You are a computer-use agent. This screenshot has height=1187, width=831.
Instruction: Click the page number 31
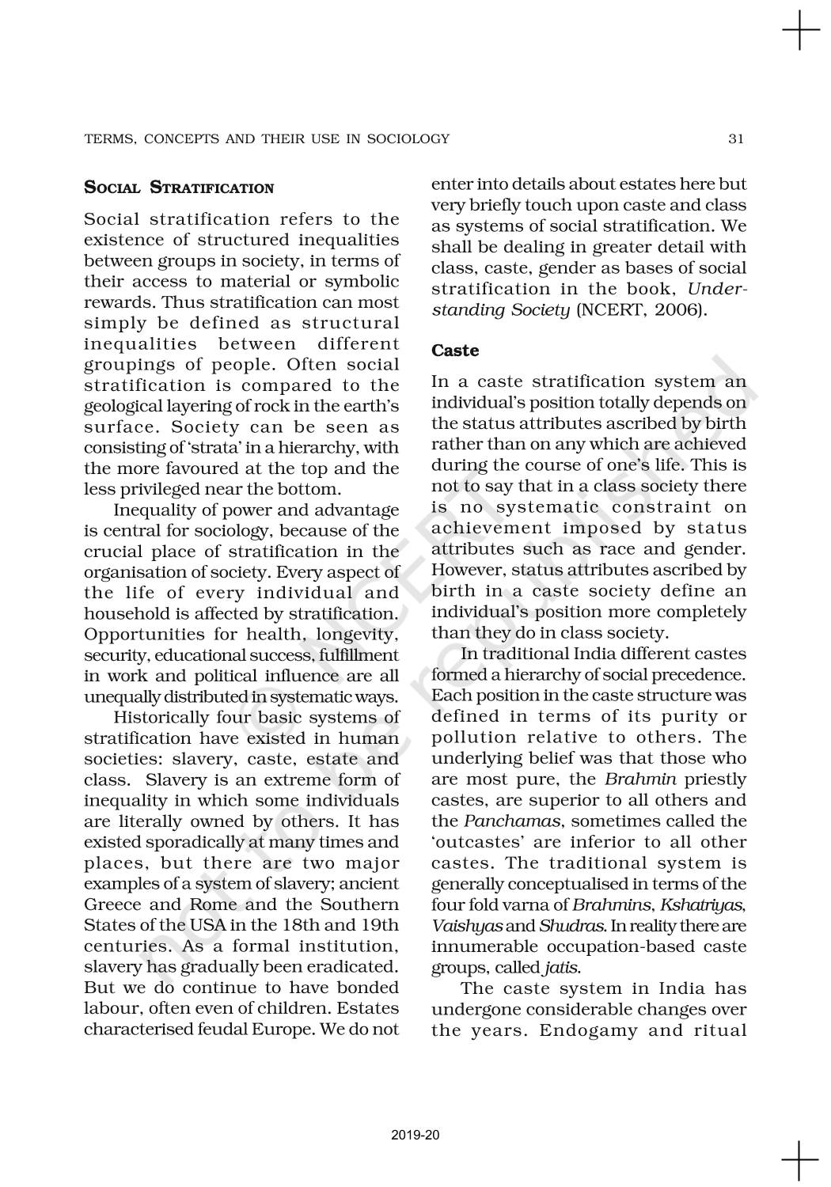[x=736, y=139]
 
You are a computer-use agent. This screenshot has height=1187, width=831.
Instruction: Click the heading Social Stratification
[x=179, y=188]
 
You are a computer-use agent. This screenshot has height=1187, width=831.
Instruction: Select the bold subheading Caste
[x=455, y=350]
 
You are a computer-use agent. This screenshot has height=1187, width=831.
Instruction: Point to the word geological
[x=120, y=407]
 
